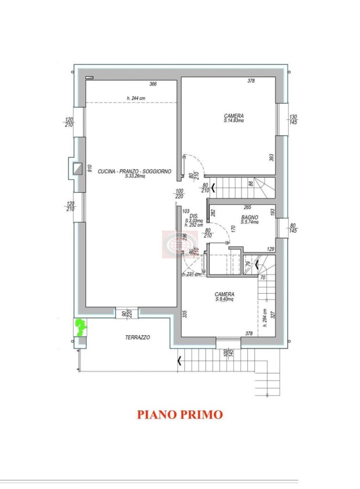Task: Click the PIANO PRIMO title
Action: coord(180,415)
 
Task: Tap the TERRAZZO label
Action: coord(138,337)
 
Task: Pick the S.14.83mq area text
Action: coord(234,121)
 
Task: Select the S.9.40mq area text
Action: coord(224,299)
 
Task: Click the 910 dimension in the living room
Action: coord(89,168)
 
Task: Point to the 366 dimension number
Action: coord(153,85)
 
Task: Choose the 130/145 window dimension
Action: coord(293,119)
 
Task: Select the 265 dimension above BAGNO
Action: coord(247,207)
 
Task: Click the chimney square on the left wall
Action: coord(77,169)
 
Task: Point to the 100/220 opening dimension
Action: coord(179,193)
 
